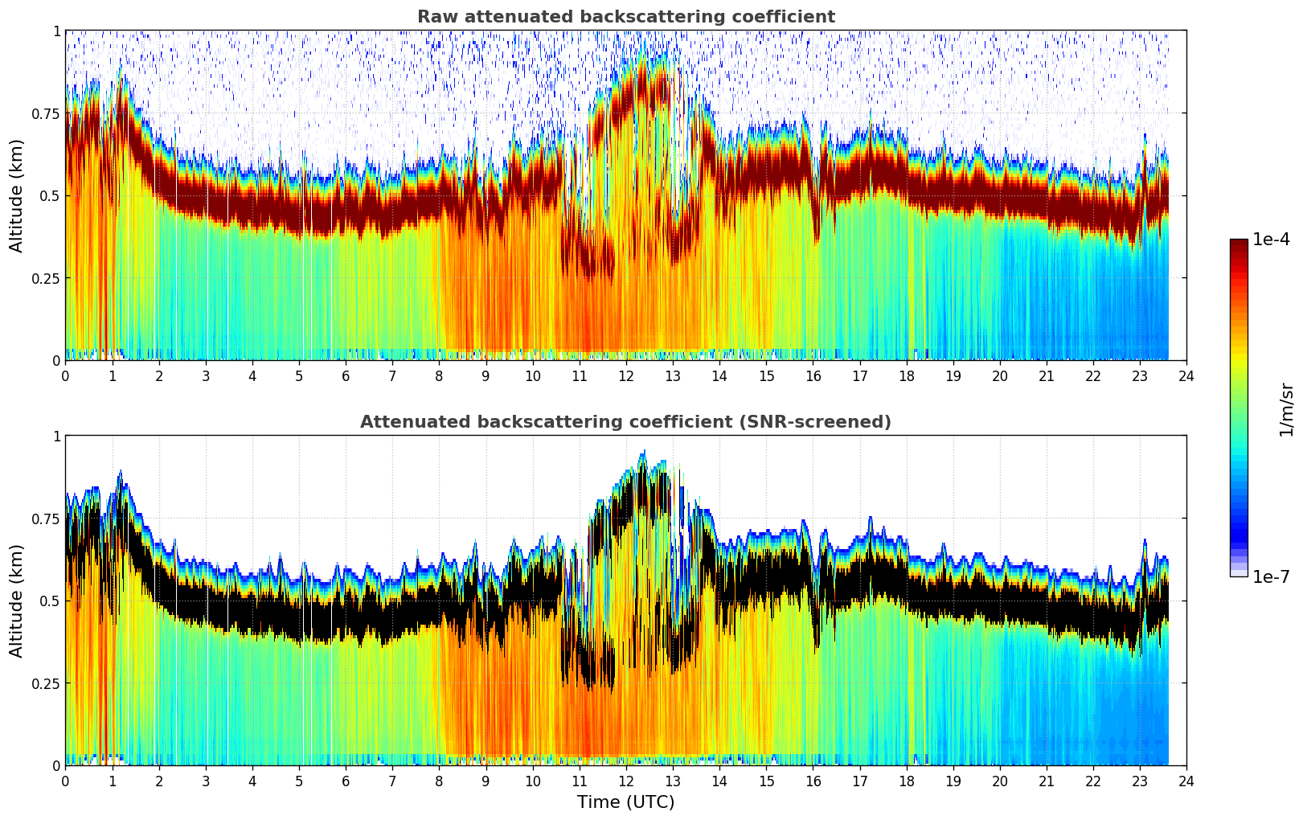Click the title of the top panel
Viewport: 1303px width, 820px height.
pyautogui.click(x=625, y=17)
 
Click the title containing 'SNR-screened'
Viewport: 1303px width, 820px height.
pyautogui.click(x=625, y=422)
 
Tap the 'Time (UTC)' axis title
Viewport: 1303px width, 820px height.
pyautogui.click(x=625, y=802)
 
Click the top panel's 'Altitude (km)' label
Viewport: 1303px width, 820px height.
pyautogui.click(x=17, y=195)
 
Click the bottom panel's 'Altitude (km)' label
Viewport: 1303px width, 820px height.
pyautogui.click(x=17, y=601)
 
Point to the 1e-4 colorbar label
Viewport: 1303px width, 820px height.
pyautogui.click(x=1271, y=240)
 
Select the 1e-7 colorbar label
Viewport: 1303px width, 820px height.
pyautogui.click(x=1271, y=576)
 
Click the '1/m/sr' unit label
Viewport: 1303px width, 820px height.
pyautogui.click(x=1285, y=409)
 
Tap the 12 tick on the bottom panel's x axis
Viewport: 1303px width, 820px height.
pyautogui.click(x=625, y=781)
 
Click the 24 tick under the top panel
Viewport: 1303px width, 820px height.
pyautogui.click(x=1186, y=375)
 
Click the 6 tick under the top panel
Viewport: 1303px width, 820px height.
pyautogui.click(x=346, y=375)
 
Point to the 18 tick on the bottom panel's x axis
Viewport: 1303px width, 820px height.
pyautogui.click(x=906, y=781)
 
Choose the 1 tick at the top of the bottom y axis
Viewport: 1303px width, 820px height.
pyautogui.click(x=56, y=437)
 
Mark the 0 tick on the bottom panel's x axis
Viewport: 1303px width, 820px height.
pyautogui.click(x=66, y=781)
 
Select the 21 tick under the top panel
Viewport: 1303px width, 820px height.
pyautogui.click(x=1046, y=375)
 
